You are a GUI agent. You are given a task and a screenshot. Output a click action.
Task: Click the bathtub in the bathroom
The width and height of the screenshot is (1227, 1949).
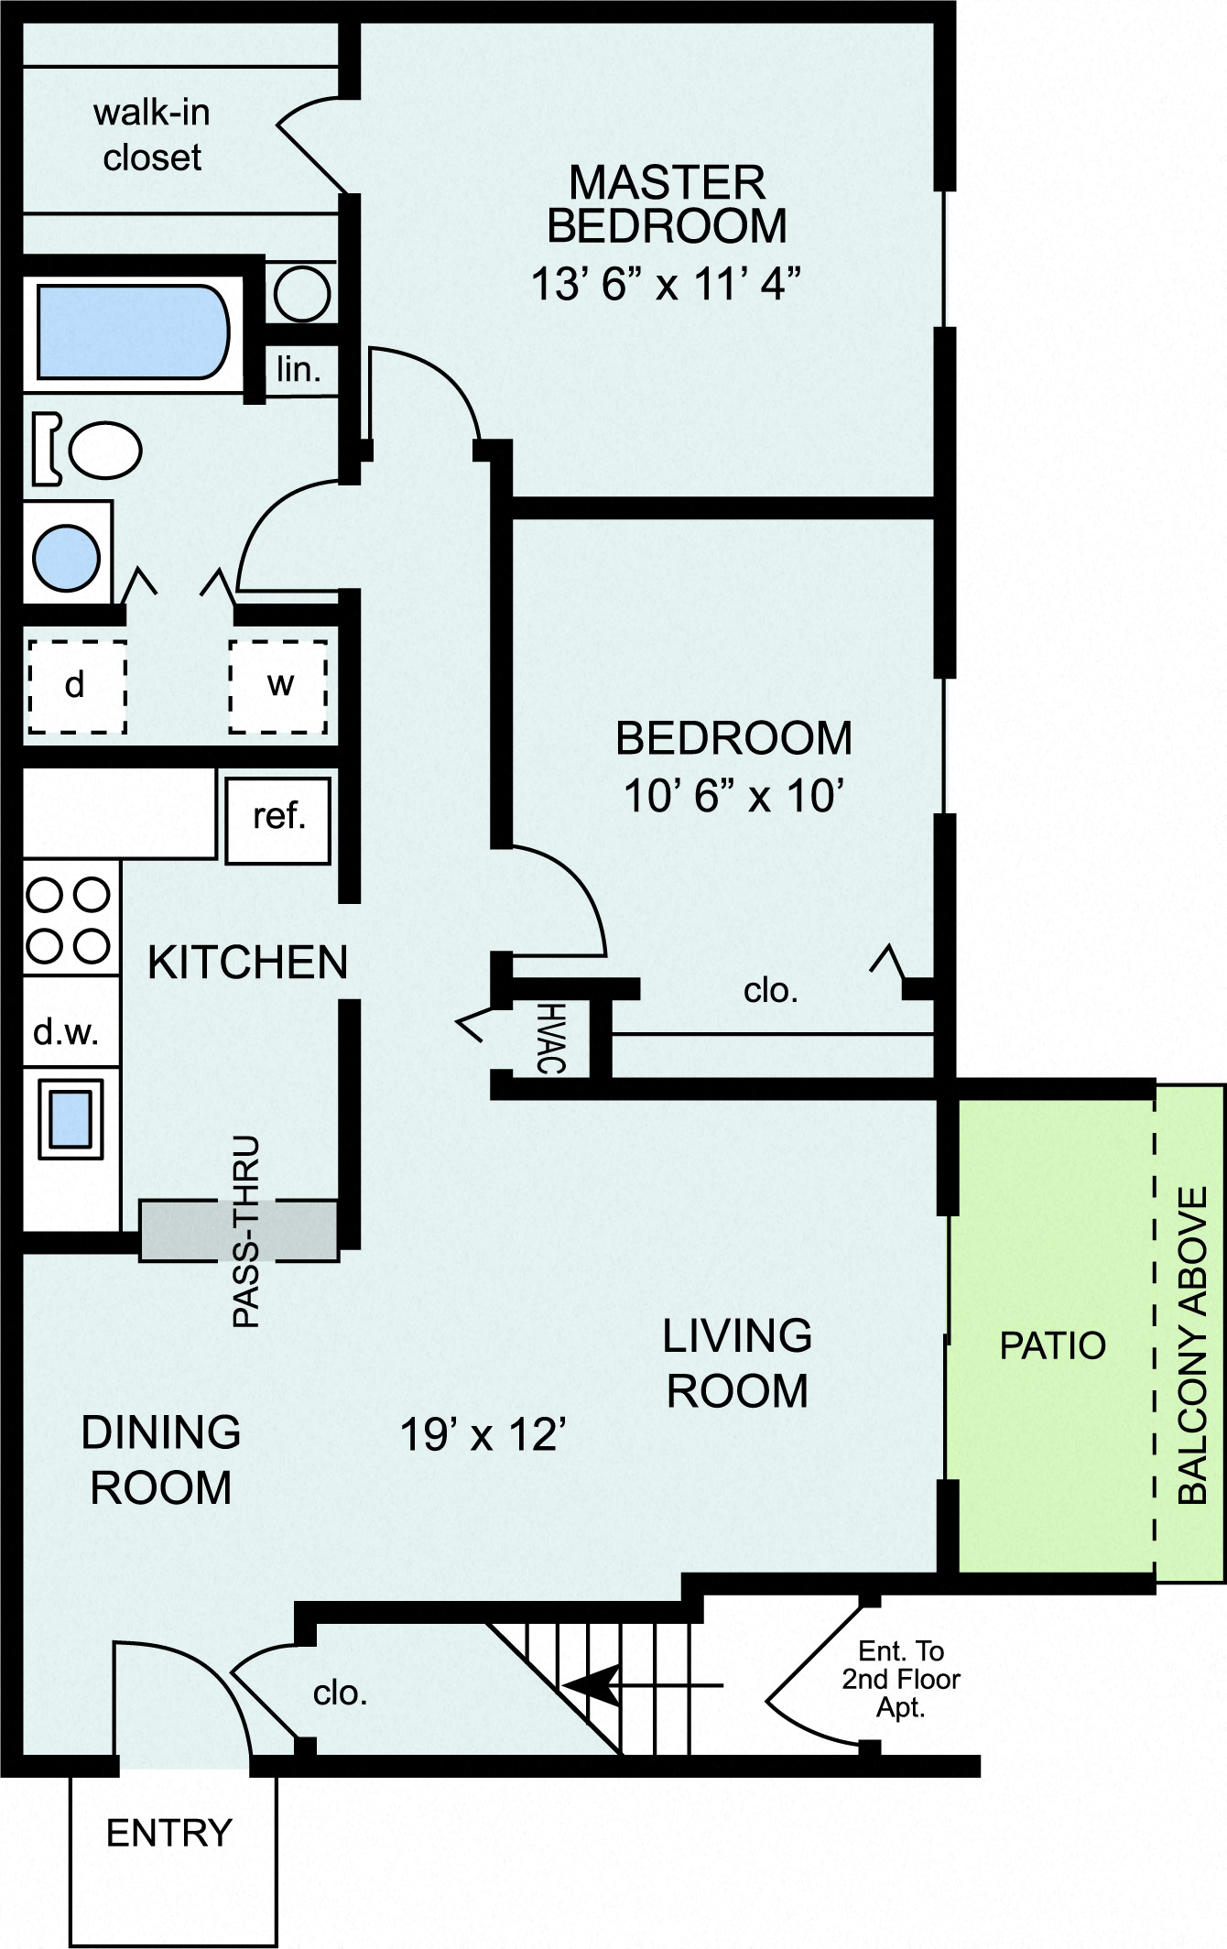point(133,332)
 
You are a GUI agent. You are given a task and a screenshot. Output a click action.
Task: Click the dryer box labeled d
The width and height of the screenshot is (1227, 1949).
point(76,686)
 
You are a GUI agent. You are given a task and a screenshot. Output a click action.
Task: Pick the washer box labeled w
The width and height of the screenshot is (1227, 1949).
point(278,685)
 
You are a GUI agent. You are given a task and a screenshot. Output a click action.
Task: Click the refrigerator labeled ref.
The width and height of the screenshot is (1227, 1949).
point(278,818)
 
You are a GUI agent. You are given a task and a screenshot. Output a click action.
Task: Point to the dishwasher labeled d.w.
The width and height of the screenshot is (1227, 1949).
point(66,1032)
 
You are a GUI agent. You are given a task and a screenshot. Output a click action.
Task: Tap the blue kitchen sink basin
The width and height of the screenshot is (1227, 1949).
point(71,1118)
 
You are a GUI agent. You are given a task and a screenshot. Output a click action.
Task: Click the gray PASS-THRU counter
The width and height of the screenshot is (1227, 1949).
point(238,1230)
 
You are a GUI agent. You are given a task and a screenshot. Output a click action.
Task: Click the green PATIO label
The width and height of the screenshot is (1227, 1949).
point(1052,1345)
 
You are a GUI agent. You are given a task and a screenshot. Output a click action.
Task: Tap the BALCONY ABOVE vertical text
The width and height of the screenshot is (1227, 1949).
point(1192,1346)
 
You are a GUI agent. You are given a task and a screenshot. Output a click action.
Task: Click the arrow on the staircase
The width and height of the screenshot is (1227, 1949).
point(591,1683)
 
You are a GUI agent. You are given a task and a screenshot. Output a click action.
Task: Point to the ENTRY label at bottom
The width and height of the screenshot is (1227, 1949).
point(169,1833)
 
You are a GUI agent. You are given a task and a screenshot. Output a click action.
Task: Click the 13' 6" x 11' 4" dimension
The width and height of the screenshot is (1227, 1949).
point(666,284)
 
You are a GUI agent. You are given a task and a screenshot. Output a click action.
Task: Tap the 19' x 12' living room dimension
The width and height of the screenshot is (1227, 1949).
point(483,1434)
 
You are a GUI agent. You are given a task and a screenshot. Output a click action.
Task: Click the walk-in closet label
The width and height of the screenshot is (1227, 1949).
point(152,136)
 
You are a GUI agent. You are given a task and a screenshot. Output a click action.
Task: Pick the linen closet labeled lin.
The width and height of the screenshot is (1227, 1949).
point(299,369)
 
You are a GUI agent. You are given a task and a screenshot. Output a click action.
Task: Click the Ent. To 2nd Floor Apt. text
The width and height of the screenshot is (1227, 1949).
point(901,1679)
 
